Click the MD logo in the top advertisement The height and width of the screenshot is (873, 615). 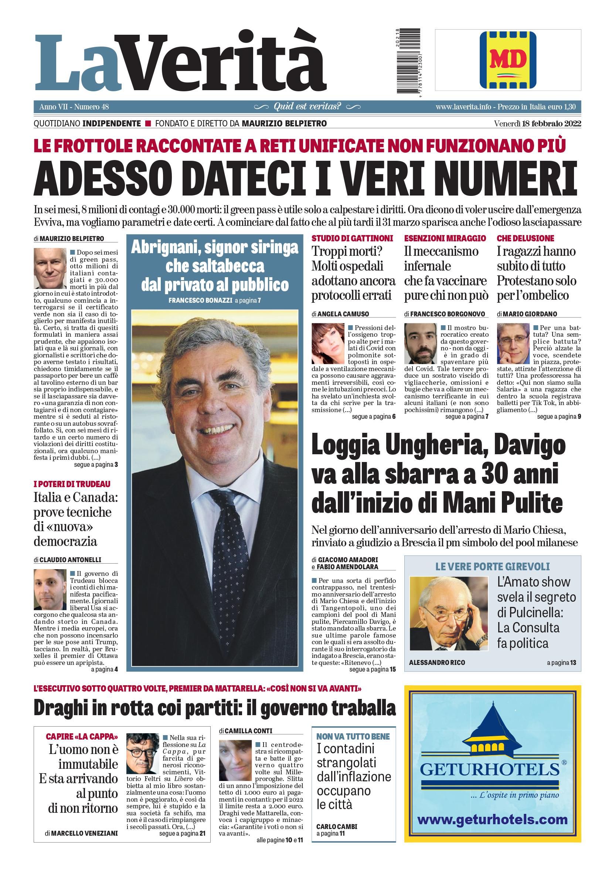(x=507, y=60)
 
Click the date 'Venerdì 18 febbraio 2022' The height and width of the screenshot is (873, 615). (x=537, y=123)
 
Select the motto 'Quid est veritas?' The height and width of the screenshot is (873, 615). (x=307, y=106)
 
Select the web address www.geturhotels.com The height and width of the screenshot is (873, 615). (x=492, y=819)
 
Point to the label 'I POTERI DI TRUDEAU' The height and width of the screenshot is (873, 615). (x=72, y=484)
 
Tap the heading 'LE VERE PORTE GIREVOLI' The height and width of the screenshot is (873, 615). (x=492, y=567)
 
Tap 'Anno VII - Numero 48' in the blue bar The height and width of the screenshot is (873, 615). (x=74, y=107)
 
